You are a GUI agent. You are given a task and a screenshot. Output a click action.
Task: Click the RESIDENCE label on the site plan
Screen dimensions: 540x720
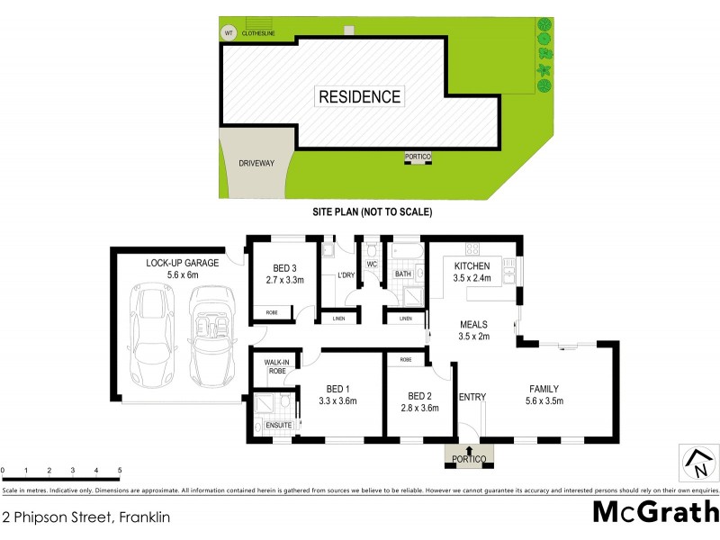tap(359, 96)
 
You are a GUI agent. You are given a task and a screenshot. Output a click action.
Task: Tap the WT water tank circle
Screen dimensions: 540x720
tap(228, 34)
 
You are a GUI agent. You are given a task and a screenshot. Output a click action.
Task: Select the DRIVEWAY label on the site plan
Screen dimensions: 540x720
tap(256, 164)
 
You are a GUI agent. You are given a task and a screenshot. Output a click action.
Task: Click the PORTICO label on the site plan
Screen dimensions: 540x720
tap(418, 157)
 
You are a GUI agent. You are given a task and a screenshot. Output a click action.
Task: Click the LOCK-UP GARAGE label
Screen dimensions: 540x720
tap(183, 263)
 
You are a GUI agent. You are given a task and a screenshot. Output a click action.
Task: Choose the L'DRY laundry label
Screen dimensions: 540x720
tap(346, 275)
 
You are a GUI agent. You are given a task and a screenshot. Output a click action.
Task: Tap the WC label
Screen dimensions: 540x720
tap(371, 264)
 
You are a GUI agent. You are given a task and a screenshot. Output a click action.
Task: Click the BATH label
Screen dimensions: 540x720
tap(402, 274)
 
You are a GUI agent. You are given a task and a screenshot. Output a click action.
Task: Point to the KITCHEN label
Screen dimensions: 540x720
tap(472, 266)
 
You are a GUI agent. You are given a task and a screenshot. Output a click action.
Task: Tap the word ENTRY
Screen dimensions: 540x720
tap(472, 397)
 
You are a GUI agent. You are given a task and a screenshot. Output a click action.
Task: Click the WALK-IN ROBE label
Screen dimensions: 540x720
tap(275, 365)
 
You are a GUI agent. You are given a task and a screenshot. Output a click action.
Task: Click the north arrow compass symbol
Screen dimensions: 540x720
tap(696, 463)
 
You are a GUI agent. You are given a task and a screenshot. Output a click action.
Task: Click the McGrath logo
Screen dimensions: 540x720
tap(655, 511)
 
